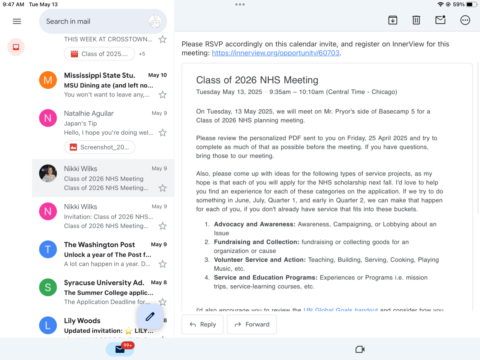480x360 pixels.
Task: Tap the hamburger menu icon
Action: point(17,21)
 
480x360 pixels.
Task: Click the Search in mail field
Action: point(94,21)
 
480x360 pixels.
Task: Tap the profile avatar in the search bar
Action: point(155,21)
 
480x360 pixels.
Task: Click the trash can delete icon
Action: point(416,20)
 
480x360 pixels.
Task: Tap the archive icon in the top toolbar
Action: point(393,20)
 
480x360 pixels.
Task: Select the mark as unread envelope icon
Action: point(440,20)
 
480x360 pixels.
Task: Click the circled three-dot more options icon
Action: point(465,20)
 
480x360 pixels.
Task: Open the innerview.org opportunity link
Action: point(276,53)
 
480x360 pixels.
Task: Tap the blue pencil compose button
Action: point(150,316)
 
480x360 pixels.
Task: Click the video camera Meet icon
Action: point(360,349)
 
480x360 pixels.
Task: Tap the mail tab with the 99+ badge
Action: point(120,349)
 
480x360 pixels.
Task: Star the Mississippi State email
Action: point(162,95)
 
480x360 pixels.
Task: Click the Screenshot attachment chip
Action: point(99,147)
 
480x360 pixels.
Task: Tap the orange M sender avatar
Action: point(48,80)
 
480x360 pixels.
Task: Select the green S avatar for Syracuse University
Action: point(48,287)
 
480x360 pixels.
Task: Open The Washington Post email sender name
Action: point(99,245)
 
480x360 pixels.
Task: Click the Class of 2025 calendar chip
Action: point(99,54)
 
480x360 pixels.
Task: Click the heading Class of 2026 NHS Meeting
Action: point(257,80)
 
